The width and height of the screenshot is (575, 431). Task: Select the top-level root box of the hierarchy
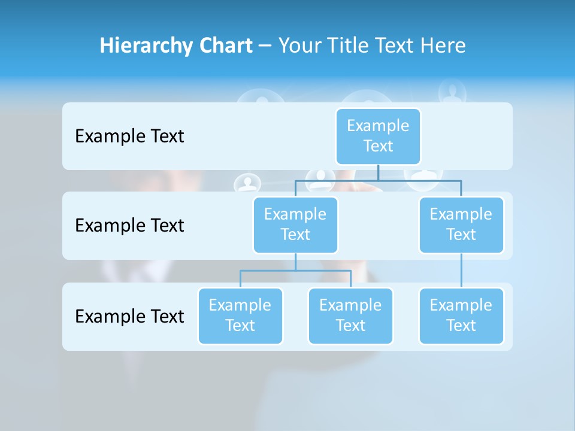378,136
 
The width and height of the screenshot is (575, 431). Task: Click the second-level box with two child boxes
295,224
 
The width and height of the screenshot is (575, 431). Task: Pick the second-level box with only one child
461,224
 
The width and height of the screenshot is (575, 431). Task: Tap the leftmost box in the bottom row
240,315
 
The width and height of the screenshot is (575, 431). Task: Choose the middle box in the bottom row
350,315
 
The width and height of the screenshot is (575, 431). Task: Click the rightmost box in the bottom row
461,315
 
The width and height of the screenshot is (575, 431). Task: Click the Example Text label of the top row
129,136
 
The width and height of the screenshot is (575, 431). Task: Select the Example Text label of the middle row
129,226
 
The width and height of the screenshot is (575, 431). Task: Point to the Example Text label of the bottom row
129,316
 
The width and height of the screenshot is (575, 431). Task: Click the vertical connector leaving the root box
378,172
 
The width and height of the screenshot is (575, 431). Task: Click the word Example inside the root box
378,126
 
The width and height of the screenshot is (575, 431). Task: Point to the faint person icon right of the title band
452,92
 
